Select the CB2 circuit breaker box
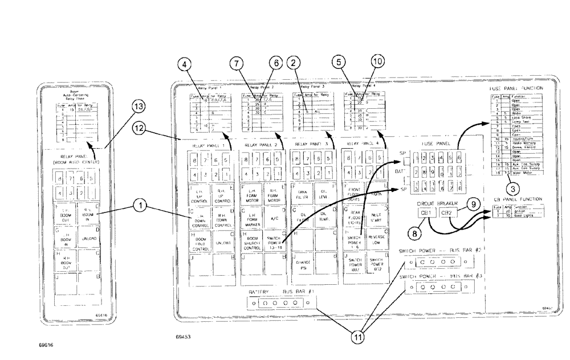(x=447, y=213)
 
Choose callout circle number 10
(x=378, y=62)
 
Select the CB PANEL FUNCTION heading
(x=514, y=199)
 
